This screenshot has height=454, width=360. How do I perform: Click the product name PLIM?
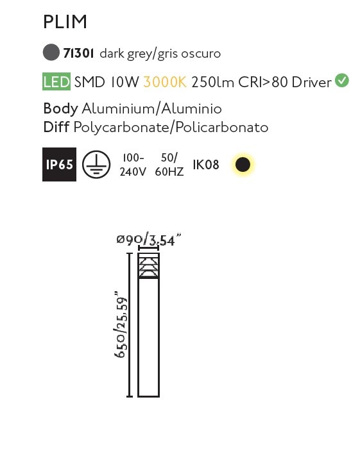(65, 22)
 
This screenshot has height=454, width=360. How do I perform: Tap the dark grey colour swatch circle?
(51, 52)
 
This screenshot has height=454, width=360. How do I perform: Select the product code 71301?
(78, 53)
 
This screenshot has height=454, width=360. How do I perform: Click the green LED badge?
(56, 81)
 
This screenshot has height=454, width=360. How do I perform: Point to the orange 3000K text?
(165, 82)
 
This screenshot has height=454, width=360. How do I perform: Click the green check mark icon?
(342, 81)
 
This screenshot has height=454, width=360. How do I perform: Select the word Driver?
(311, 82)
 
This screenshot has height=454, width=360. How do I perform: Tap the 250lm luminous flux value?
(213, 82)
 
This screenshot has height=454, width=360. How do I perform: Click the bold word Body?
(60, 109)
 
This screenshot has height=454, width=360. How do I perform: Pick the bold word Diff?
(56, 127)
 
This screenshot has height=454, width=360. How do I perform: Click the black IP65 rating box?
(60, 164)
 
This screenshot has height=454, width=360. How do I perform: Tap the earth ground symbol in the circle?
(96, 164)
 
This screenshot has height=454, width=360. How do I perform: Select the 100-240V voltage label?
(133, 165)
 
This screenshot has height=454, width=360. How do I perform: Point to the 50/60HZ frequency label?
(169, 165)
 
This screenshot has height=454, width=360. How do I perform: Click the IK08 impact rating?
(206, 164)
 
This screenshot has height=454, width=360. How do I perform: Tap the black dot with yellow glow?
(243, 164)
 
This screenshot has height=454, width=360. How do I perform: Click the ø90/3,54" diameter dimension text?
(149, 240)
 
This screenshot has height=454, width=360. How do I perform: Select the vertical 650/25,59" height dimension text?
(121, 325)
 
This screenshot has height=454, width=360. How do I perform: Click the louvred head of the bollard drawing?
(148, 265)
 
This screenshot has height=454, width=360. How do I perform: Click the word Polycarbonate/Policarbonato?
(171, 128)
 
